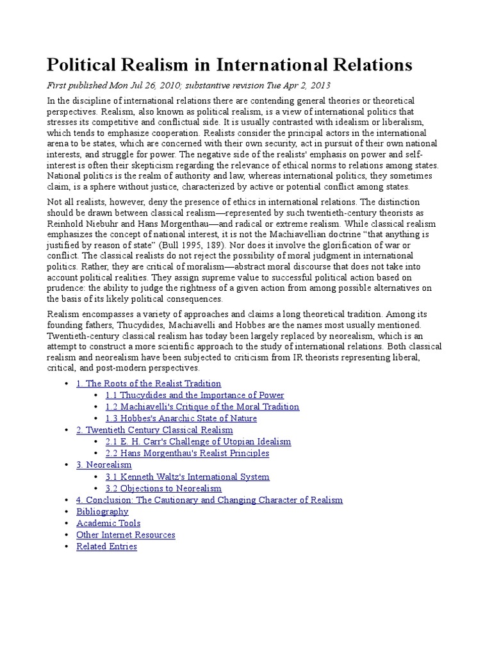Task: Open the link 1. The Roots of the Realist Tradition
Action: point(149,383)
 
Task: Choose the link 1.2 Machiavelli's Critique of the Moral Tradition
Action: point(202,406)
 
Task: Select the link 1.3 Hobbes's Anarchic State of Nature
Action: point(181,418)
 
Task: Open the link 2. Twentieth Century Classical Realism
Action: point(154,429)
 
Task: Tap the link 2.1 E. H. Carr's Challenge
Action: point(198,441)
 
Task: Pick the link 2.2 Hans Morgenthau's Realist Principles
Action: point(187,453)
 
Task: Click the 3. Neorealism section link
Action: point(104,464)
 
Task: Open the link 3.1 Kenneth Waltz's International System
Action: point(187,476)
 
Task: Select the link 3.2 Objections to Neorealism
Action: point(163,488)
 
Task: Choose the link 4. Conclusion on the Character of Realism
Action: point(209,500)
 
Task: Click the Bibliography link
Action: point(102,511)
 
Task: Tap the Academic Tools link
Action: point(108,523)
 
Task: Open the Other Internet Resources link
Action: point(126,534)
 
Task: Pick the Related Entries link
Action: point(106,546)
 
